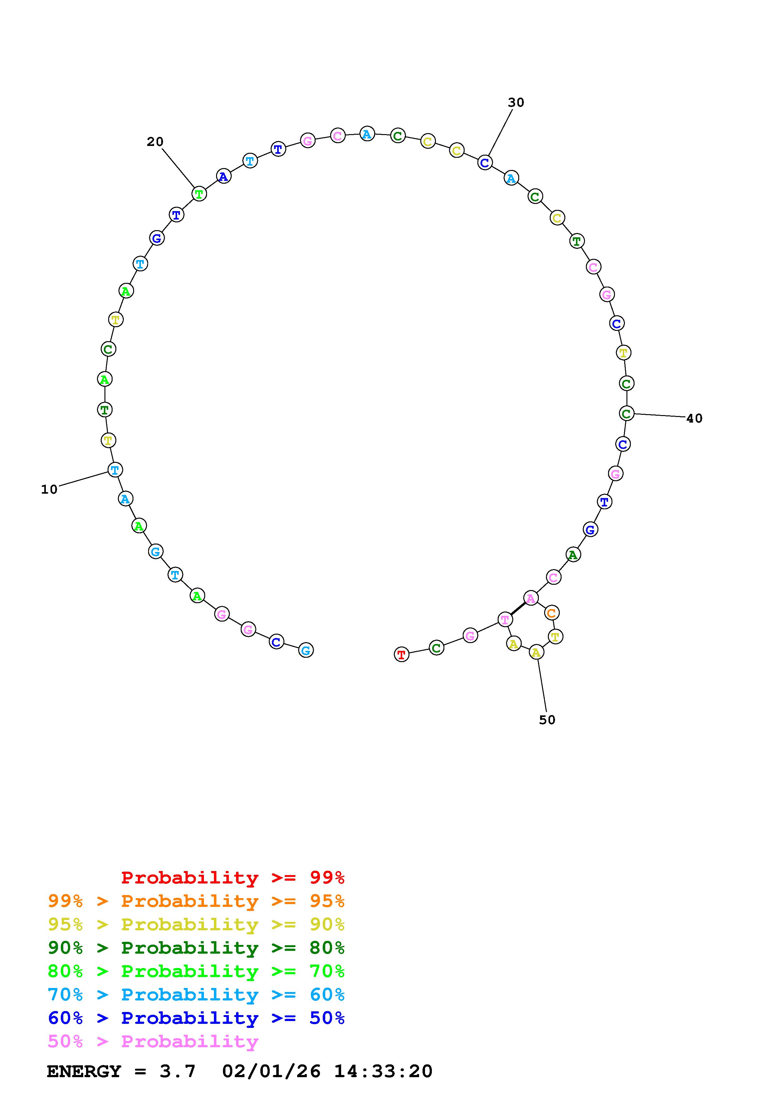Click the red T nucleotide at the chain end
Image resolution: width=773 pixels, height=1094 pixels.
[x=402, y=655]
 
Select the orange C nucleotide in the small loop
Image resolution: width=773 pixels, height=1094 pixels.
[x=552, y=613]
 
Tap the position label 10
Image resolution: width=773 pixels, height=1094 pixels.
[x=49, y=489]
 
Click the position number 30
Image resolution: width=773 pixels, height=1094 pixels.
[x=516, y=102]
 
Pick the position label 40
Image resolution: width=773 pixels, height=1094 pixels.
[x=694, y=418]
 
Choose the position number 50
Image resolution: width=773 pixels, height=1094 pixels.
[x=547, y=720]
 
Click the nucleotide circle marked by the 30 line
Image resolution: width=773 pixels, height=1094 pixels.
[x=485, y=162]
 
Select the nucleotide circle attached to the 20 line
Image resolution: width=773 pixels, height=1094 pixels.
[x=199, y=194]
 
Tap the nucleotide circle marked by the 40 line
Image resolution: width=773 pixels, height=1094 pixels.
[x=627, y=413]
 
